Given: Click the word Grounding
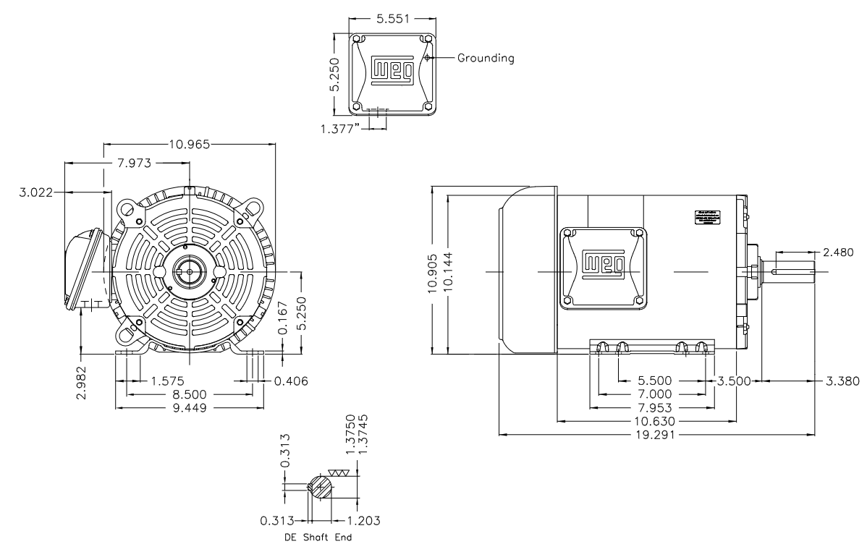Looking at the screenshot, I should coord(486,58).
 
